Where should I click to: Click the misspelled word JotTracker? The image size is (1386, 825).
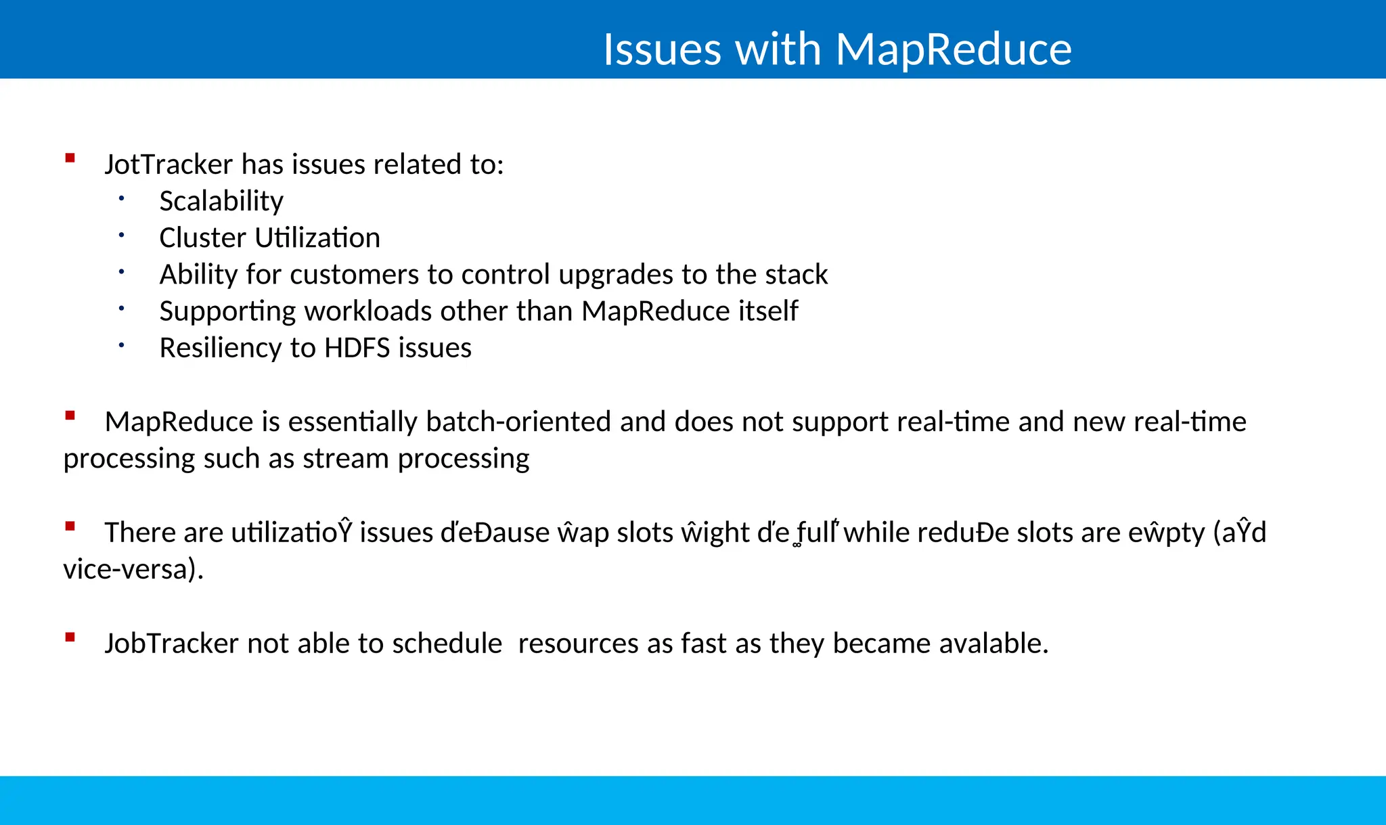[x=169, y=164]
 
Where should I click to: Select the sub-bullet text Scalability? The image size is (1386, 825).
[x=221, y=202]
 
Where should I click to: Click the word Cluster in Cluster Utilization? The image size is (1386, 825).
[x=202, y=238]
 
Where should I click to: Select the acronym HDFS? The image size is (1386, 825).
[x=357, y=348]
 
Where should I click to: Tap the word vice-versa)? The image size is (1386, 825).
[x=133, y=569]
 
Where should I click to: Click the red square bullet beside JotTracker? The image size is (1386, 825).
[x=70, y=158]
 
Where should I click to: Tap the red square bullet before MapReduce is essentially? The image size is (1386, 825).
[x=70, y=416]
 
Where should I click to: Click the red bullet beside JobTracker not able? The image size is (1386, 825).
[x=70, y=637]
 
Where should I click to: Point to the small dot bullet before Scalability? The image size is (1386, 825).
[x=121, y=198]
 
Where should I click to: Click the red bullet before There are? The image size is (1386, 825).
[x=70, y=526]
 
